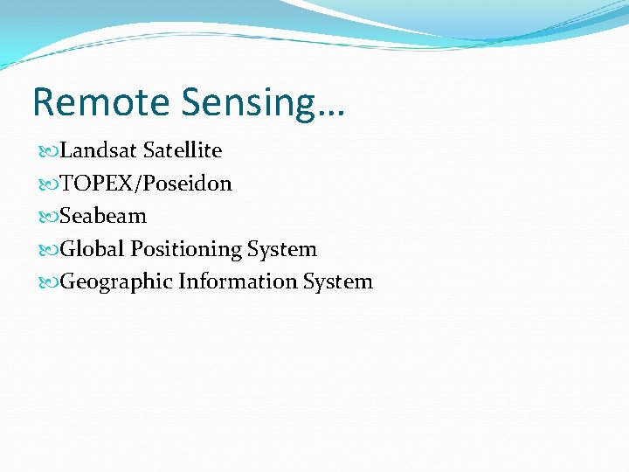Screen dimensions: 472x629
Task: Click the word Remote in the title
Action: (x=102, y=102)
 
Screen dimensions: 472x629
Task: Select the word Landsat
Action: (x=99, y=150)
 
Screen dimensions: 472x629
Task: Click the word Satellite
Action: (x=183, y=150)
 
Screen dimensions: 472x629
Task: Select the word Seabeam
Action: (x=103, y=216)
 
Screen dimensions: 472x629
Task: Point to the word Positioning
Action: (x=186, y=250)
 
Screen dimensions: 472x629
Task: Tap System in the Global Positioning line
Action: (x=281, y=249)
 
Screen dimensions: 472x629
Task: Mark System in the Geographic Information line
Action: (x=337, y=282)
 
